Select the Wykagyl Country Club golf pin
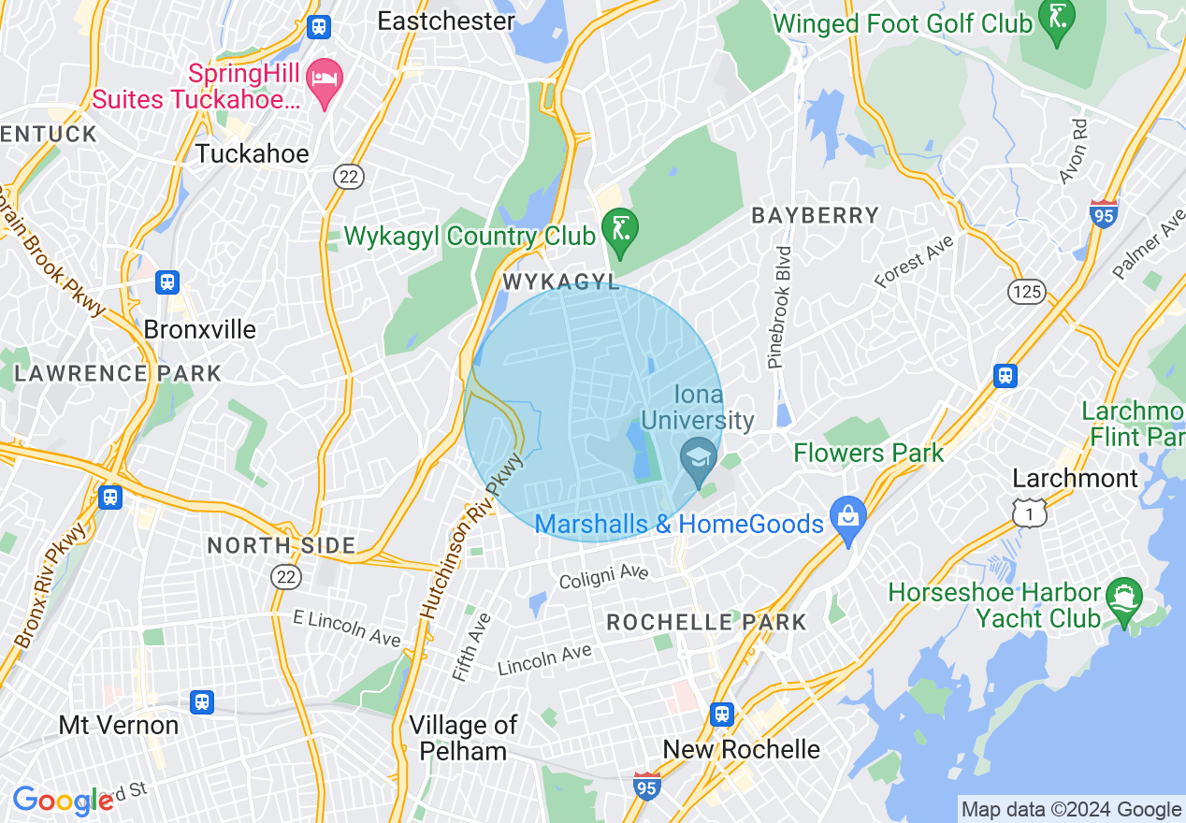pyautogui.click(x=619, y=227)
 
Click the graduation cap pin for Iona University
pyautogui.click(x=699, y=458)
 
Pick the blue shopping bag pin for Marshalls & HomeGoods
pyautogui.click(x=848, y=517)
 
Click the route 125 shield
pyautogui.click(x=1027, y=292)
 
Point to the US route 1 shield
pyautogui.click(x=1030, y=512)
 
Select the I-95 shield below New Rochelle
pyautogui.click(x=646, y=785)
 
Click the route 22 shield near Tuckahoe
pyautogui.click(x=349, y=176)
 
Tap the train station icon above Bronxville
pyautogui.click(x=167, y=281)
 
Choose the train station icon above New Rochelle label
pyautogui.click(x=721, y=715)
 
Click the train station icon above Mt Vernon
pyautogui.click(x=201, y=701)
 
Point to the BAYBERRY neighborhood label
pyautogui.click(x=816, y=216)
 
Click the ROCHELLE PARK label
pyautogui.click(x=706, y=622)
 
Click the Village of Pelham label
pyautogui.click(x=463, y=738)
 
